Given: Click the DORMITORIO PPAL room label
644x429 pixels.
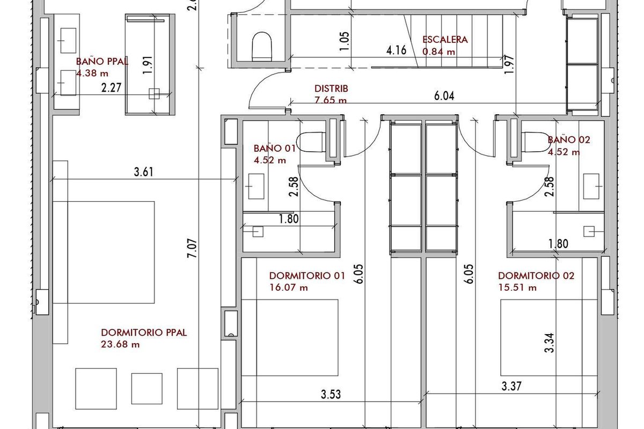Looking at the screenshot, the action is [x=144, y=332].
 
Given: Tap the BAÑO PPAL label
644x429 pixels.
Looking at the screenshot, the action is [x=102, y=62].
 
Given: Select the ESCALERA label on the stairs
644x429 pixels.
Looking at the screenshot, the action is [x=445, y=40].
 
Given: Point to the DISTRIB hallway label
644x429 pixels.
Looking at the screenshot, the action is [x=331, y=88].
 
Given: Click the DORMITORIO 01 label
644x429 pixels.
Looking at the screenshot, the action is [x=307, y=276].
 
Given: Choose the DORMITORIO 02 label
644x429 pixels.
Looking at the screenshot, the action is [x=536, y=276].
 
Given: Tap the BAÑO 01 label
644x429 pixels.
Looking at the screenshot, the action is [x=275, y=148].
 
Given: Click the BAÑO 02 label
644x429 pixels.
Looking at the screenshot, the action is [x=569, y=140].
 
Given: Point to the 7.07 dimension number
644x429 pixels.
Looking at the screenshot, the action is [x=192, y=248].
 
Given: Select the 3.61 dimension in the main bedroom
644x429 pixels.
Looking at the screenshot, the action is [x=144, y=172].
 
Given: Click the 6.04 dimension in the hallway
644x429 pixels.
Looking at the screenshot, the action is [x=444, y=96].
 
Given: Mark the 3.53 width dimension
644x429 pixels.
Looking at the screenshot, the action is [x=331, y=395].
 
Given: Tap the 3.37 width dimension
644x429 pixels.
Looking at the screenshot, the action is [x=511, y=386].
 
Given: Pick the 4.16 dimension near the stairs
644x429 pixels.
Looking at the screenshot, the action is [x=397, y=50].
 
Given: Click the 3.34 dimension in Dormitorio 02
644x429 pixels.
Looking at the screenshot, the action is [x=549, y=343].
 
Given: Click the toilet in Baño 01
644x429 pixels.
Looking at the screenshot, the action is [x=311, y=142].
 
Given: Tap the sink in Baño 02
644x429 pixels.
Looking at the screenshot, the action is [x=591, y=186].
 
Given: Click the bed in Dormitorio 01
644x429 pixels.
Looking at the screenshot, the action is [x=289, y=338].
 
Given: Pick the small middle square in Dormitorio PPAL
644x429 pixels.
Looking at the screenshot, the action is [x=147, y=388].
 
